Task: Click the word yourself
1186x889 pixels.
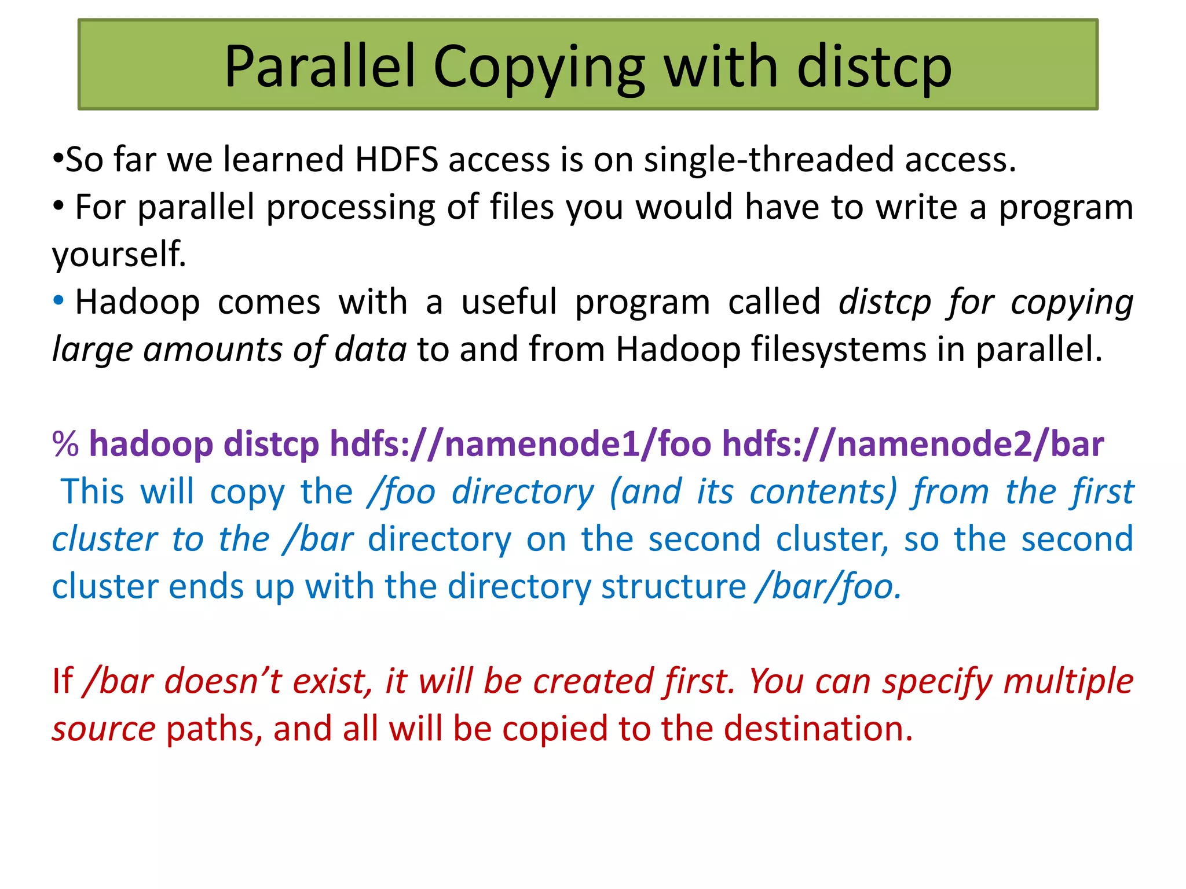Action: (119, 255)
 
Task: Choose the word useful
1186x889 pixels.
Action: (509, 302)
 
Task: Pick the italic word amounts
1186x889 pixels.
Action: (213, 350)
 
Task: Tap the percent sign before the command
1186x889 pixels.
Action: (65, 444)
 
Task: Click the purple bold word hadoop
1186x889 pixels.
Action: (151, 444)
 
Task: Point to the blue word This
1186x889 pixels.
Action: (93, 492)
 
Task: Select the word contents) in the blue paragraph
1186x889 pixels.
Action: (823, 492)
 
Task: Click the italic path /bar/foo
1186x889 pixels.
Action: (828, 587)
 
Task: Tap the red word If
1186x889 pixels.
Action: (63, 681)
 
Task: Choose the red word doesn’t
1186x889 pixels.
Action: (224, 681)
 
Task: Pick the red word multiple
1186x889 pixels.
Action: (1068, 681)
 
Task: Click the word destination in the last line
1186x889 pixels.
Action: (817, 729)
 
